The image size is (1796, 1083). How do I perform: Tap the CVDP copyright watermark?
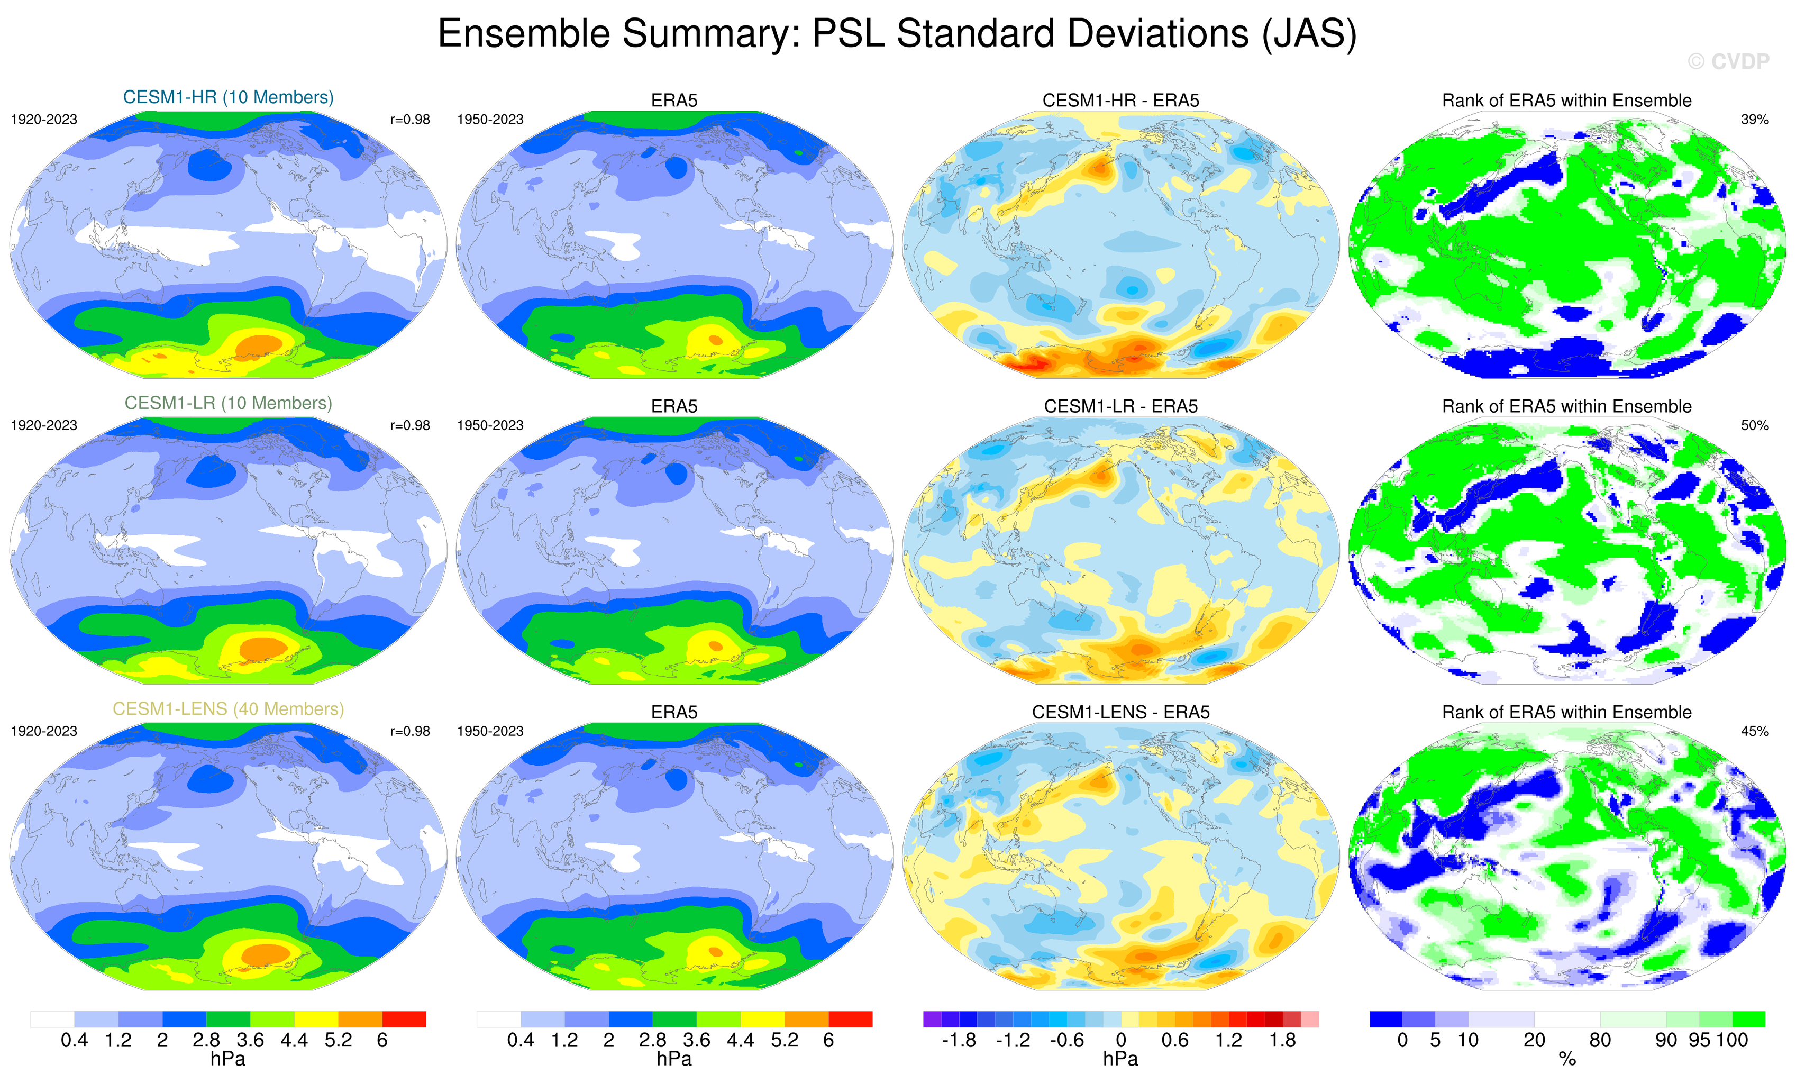tap(1728, 62)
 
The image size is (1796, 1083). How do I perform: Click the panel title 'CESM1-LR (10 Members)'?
tap(228, 403)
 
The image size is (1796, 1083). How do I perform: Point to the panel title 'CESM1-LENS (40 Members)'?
tap(228, 709)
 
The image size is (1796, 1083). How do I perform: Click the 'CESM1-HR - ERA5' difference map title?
tap(1120, 101)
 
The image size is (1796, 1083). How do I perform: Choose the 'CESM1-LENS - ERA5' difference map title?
tap(1120, 712)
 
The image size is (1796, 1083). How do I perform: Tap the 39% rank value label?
tap(1754, 120)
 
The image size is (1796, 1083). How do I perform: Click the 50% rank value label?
tap(1754, 425)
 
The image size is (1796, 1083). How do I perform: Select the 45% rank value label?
tap(1754, 731)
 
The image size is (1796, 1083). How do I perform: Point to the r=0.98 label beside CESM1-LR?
tap(409, 425)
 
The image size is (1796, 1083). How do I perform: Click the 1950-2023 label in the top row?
tap(490, 120)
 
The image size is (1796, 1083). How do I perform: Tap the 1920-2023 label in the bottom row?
tap(44, 731)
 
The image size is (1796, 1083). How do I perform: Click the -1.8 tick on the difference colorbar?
tap(959, 1041)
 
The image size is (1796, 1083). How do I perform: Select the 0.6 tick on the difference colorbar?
tap(1174, 1041)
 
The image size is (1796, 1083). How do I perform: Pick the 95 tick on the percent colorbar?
tap(1700, 1041)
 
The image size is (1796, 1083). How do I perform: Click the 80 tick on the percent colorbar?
tap(1600, 1041)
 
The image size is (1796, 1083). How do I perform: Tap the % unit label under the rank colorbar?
tap(1567, 1060)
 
